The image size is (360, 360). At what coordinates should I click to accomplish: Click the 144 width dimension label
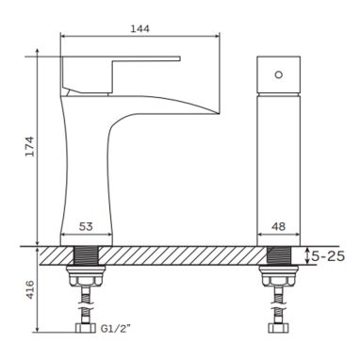tap(140, 28)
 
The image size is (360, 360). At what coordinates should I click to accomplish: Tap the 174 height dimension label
tap(29, 146)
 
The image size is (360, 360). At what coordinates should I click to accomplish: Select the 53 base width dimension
tap(86, 226)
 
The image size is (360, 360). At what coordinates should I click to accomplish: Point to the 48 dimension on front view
tap(279, 226)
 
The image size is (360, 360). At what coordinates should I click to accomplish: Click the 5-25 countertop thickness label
tap(328, 256)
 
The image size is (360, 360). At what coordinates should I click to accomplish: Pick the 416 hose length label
tap(29, 289)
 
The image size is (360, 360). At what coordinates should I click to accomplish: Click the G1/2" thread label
tap(116, 328)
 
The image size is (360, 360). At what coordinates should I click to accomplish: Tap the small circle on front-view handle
tap(279, 74)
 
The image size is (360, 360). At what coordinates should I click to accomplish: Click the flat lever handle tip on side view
tap(179, 58)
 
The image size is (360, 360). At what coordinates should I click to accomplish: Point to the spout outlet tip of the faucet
tap(219, 112)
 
